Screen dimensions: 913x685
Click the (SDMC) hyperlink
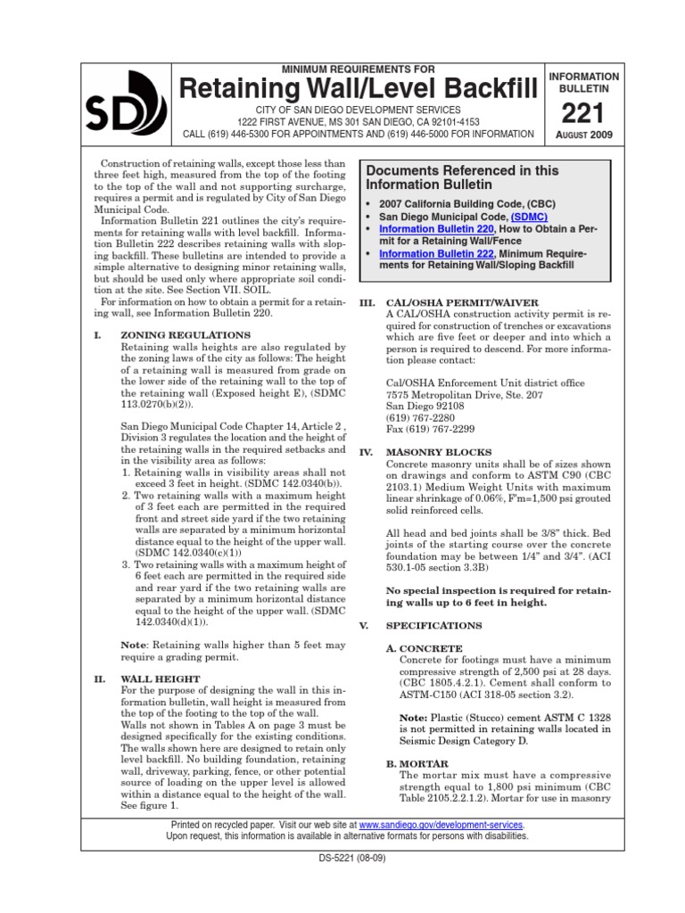coord(529,217)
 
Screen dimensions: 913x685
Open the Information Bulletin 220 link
coord(425,229)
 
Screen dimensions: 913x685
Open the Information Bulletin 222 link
coord(425,254)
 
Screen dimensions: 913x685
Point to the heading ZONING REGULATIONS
coord(185,334)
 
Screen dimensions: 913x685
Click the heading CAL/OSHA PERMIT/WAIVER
coord(462,303)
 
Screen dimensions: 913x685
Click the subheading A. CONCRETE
coord(424,648)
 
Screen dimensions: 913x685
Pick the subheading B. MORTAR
coord(417,764)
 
